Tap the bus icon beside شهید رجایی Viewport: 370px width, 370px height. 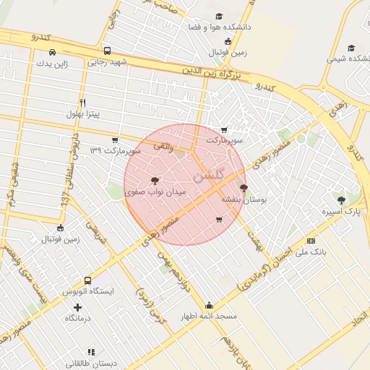pyautogui.click(x=107, y=51)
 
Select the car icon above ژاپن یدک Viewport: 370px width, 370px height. pyautogui.click(x=52, y=52)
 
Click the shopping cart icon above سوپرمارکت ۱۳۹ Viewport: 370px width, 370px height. pyautogui.click(x=114, y=139)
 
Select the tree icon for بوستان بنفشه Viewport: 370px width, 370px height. pyautogui.click(x=243, y=188)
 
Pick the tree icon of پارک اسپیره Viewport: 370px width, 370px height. pyautogui.click(x=341, y=200)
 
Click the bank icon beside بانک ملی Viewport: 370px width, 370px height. pyautogui.click(x=311, y=241)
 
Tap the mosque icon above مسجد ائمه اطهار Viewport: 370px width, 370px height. pyautogui.click(x=209, y=305)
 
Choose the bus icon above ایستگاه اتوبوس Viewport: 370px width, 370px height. pyautogui.click(x=87, y=280)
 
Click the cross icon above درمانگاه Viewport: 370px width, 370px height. pyautogui.click(x=78, y=308)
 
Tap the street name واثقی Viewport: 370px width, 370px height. pyautogui.click(x=162, y=145)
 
